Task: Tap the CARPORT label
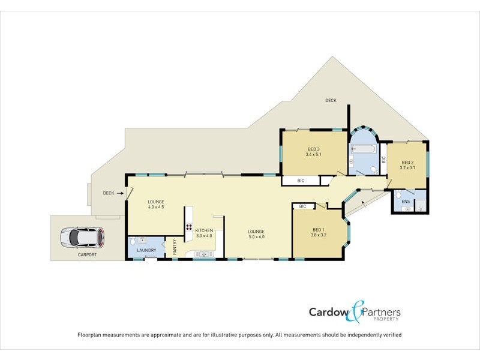[88, 255]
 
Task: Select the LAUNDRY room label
[146, 250]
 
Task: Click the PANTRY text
[175, 248]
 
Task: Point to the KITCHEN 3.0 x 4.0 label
[204, 233]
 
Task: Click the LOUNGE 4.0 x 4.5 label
[156, 205]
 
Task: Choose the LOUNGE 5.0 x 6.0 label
[257, 234]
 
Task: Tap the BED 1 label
[319, 232]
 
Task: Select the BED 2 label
[408, 165]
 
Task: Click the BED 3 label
[314, 152]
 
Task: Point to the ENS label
[406, 202]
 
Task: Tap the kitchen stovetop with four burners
[189, 227]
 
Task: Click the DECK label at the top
[331, 100]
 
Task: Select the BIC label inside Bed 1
[302, 206]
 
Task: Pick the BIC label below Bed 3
[301, 180]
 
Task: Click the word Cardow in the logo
[328, 312]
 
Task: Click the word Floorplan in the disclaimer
[91, 334]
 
